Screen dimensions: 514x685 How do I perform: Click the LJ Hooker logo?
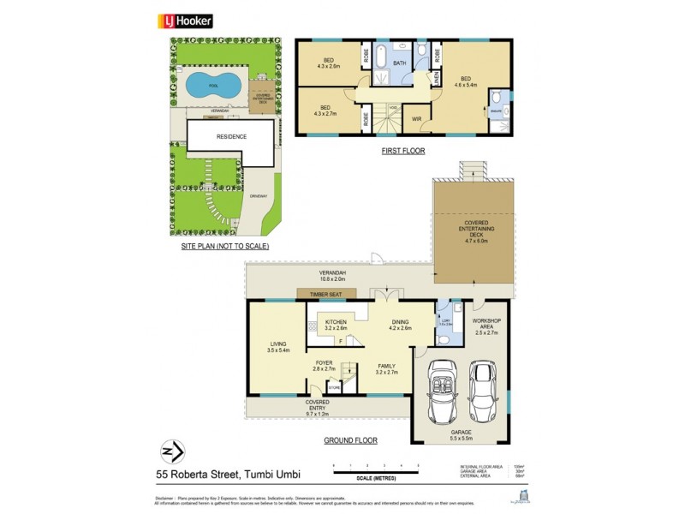click(186, 21)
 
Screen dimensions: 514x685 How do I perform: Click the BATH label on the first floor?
click(399, 63)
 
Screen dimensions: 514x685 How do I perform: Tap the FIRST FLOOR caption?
click(403, 151)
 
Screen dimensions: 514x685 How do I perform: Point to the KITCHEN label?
click(335, 324)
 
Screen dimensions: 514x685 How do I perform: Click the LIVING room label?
click(278, 347)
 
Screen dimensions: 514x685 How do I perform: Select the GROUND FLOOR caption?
click(350, 440)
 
